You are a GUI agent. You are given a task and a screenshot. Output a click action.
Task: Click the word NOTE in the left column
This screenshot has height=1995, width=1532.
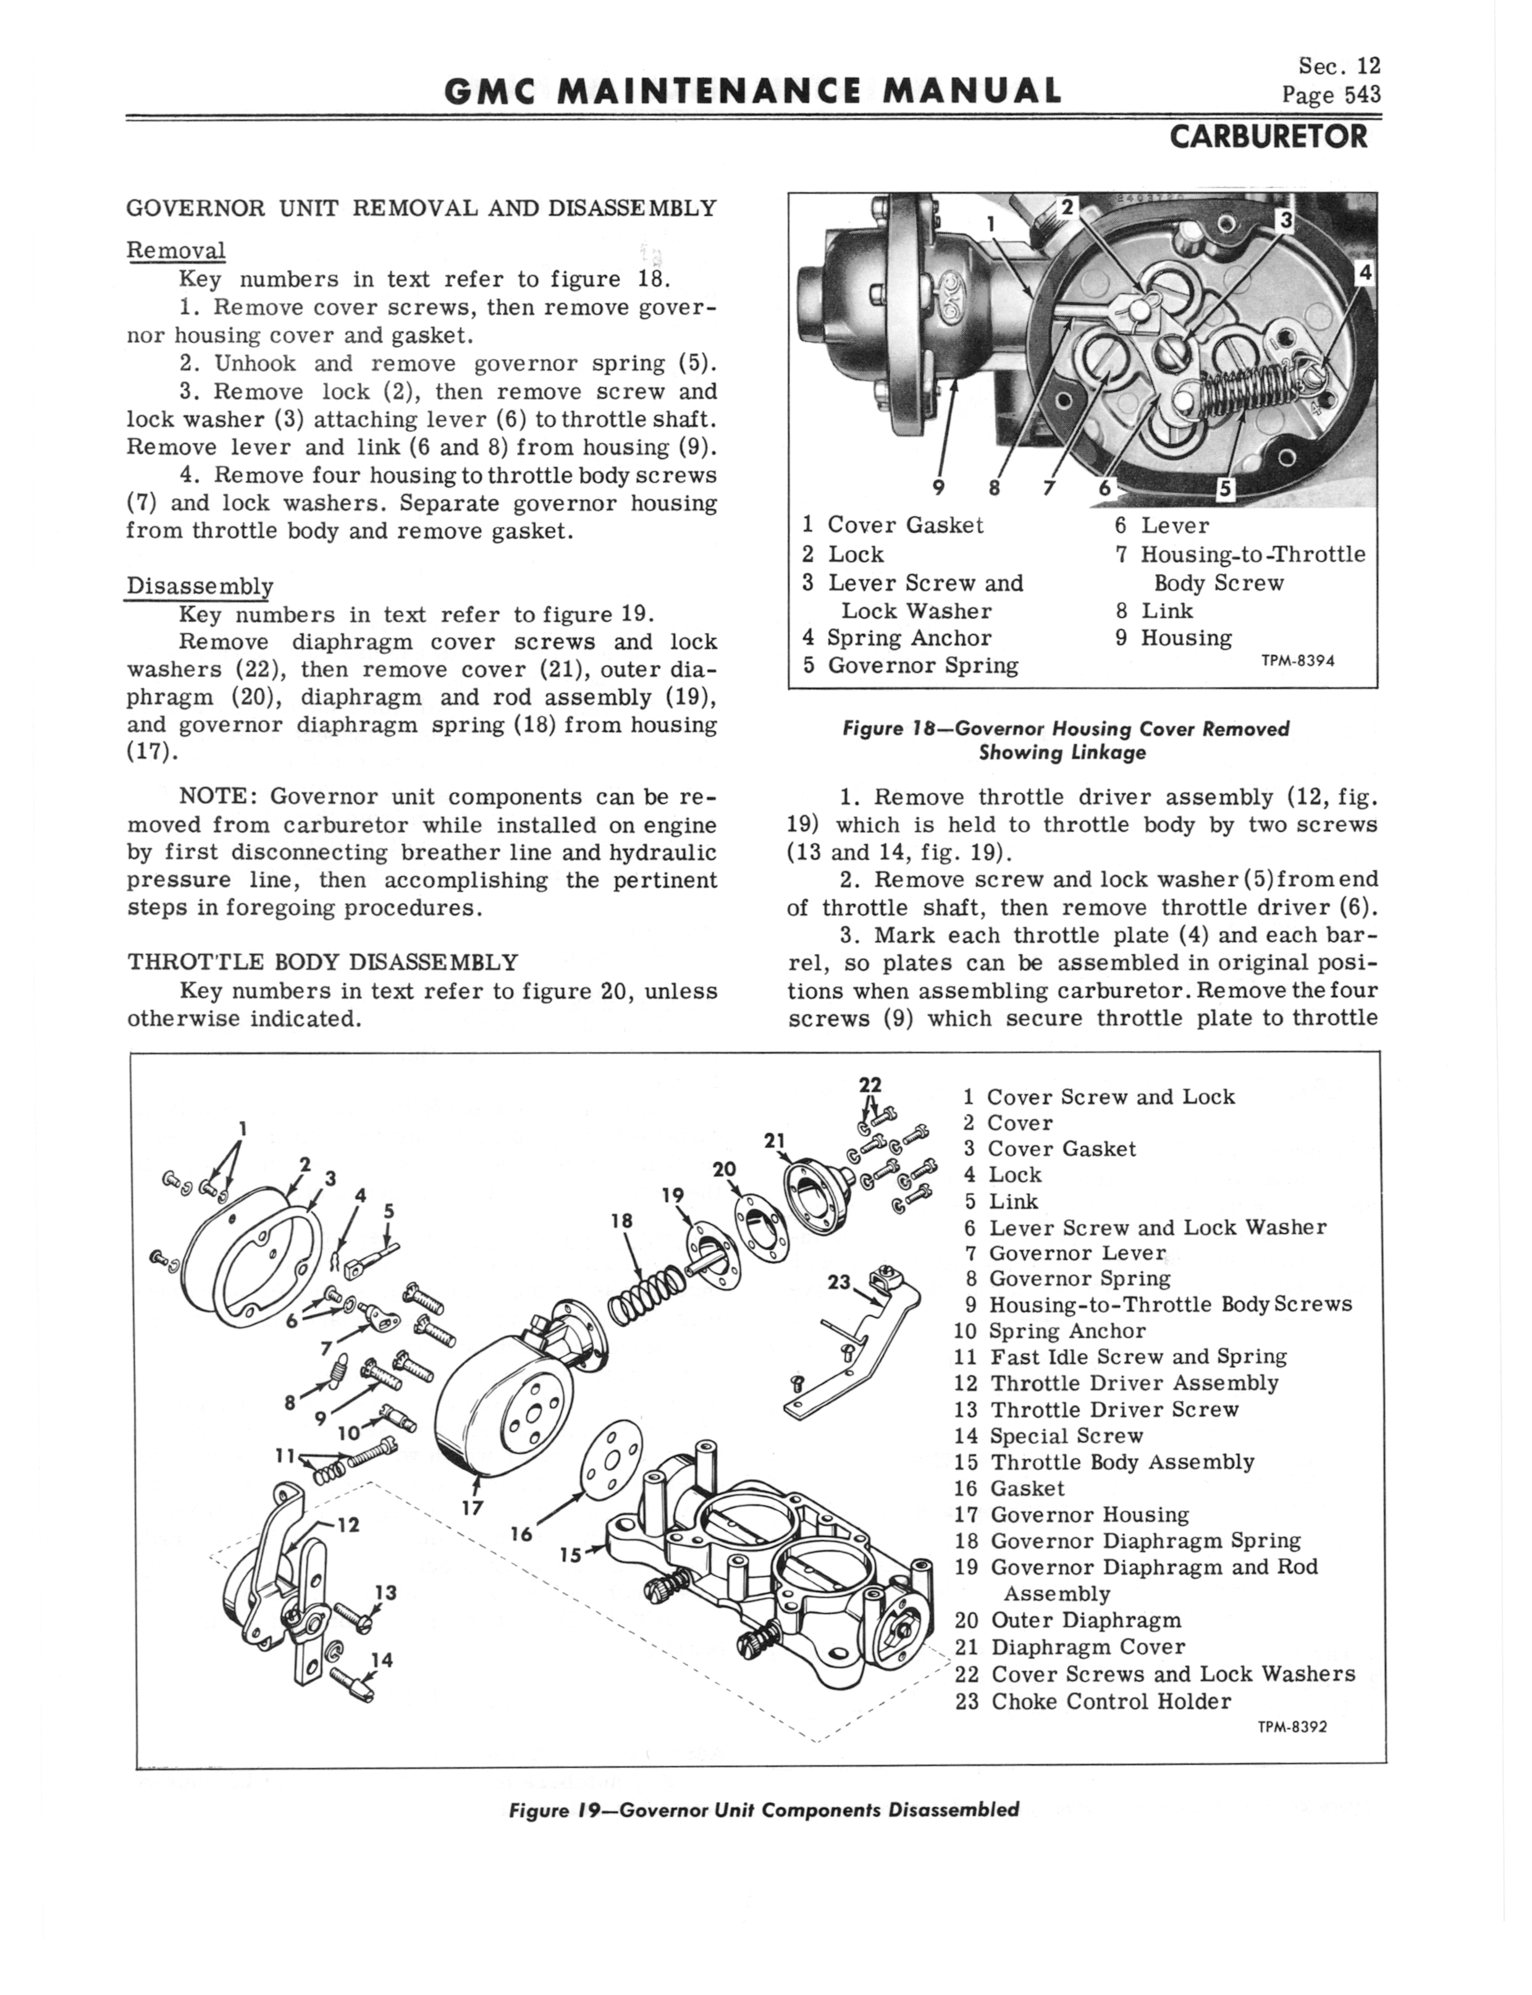(218, 797)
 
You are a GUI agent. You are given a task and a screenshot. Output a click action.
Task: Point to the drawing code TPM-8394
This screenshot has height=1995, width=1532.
(1298, 661)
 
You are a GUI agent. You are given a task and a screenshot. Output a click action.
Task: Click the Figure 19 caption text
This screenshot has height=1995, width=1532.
(764, 1810)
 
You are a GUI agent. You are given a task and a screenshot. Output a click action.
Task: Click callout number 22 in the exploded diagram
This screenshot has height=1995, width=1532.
(871, 1085)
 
